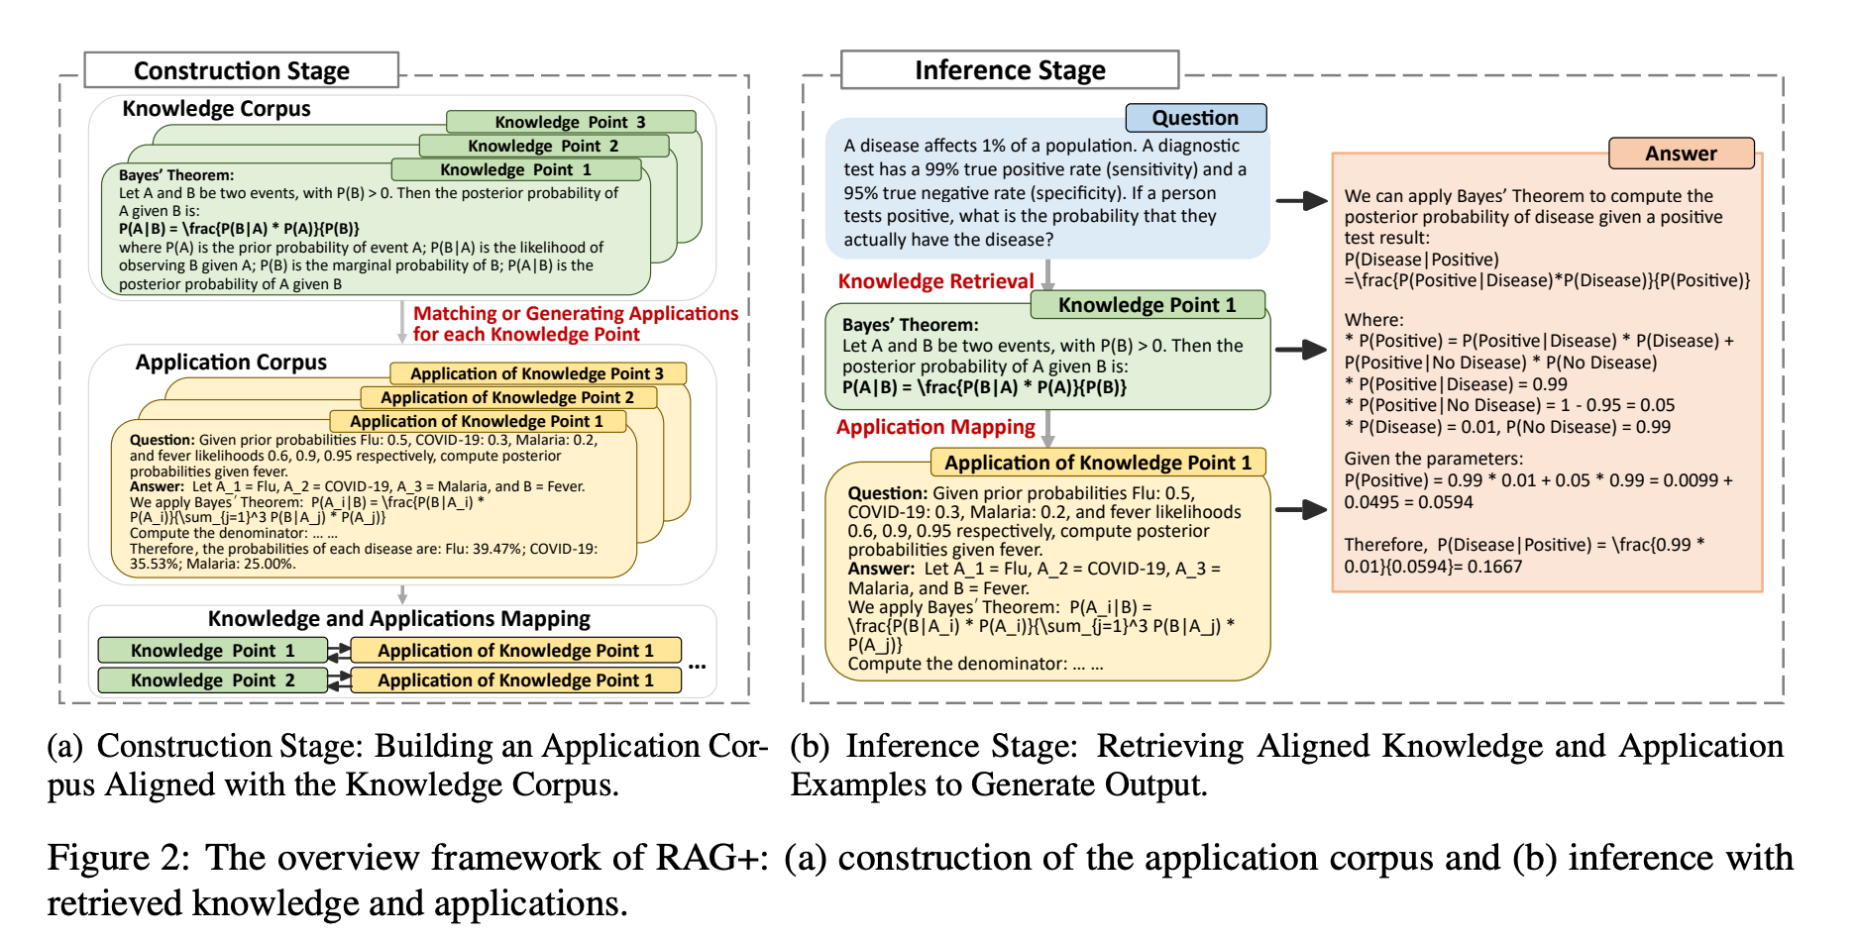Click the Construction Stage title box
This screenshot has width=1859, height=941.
241,70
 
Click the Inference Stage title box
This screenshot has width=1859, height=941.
1010,70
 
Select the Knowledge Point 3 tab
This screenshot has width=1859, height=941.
571,122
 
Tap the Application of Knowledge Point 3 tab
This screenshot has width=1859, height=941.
538,373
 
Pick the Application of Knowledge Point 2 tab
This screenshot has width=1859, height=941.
507,397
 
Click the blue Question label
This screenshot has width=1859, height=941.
1196,118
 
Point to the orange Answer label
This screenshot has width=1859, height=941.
1681,154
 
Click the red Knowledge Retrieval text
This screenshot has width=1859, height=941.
935,281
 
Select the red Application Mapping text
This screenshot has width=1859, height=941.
935,427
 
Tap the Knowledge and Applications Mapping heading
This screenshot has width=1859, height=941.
399,619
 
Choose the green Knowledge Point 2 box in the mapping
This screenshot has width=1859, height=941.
212,680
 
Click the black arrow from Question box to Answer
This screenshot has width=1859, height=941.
1301,201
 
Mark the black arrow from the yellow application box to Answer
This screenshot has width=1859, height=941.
1301,510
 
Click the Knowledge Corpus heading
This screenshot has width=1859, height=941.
216,109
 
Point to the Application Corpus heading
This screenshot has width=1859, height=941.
231,363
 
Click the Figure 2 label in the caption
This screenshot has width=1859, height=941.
118,858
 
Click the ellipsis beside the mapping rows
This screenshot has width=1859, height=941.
698,666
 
